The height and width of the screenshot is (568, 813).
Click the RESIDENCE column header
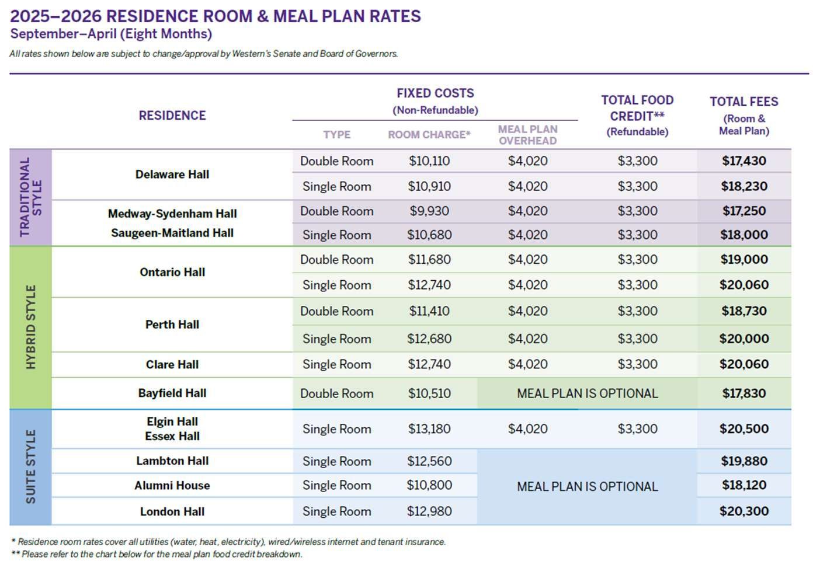172,116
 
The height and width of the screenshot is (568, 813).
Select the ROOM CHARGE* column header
429,135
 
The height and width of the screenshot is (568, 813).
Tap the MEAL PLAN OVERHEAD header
527,135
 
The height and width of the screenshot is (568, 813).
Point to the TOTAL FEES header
743,102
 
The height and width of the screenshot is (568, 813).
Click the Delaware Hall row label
172,175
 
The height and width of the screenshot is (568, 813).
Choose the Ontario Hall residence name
172,272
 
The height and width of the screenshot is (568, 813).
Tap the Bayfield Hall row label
172,393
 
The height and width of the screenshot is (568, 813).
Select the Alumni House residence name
172,486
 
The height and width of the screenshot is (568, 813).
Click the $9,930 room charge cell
429,211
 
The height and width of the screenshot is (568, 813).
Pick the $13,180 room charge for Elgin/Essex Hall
429,429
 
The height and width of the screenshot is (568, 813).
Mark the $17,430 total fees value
743,161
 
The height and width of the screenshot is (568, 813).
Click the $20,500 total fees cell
743,429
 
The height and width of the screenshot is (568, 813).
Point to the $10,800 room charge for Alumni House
429,485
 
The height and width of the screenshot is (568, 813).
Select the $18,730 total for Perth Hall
743,311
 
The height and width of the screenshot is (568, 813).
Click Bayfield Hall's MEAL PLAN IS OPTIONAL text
587,394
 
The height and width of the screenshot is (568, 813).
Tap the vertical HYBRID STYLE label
31,327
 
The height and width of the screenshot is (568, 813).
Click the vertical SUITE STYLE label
31,467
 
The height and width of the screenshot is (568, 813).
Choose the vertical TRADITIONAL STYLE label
31,197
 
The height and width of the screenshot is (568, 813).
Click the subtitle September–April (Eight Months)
111,34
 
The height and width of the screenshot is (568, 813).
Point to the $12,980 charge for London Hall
429,512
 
